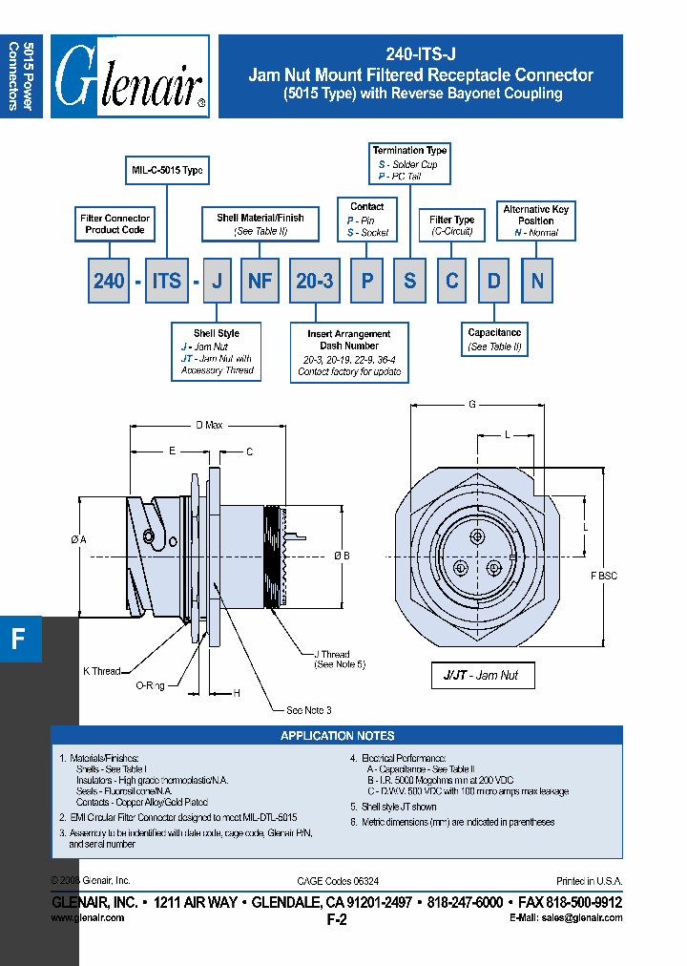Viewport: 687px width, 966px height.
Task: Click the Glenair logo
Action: pyautogui.click(x=130, y=76)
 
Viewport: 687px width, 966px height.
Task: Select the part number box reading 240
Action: pyautogui.click(x=109, y=281)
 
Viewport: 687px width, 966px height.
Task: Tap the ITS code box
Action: pyautogui.click(x=167, y=281)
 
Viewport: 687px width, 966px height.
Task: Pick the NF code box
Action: pyautogui.click(x=260, y=281)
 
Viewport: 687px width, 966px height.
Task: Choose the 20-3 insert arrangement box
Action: pyautogui.click(x=315, y=281)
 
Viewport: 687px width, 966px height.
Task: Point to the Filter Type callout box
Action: pyautogui.click(x=452, y=225)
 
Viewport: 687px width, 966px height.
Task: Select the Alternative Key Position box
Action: pyautogui.click(x=535, y=220)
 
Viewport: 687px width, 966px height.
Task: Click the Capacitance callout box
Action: pyautogui.click(x=494, y=340)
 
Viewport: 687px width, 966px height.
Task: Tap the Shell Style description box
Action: pyautogui.click(x=217, y=351)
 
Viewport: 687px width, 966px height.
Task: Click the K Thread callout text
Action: pyautogui.click(x=102, y=671)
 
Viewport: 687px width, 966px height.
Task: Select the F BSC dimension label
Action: pyautogui.click(x=604, y=576)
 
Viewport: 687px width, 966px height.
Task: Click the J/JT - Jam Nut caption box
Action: pyautogui.click(x=482, y=675)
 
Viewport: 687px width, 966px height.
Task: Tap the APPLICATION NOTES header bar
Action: pyautogui.click(x=337, y=736)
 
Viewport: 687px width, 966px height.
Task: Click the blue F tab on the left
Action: pyautogui.click(x=20, y=639)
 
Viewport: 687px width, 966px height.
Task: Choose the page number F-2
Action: pyautogui.click(x=337, y=921)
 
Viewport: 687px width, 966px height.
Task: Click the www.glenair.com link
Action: pyautogui.click(x=87, y=917)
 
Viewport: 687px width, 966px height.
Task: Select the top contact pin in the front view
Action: pyautogui.click(x=477, y=536)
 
